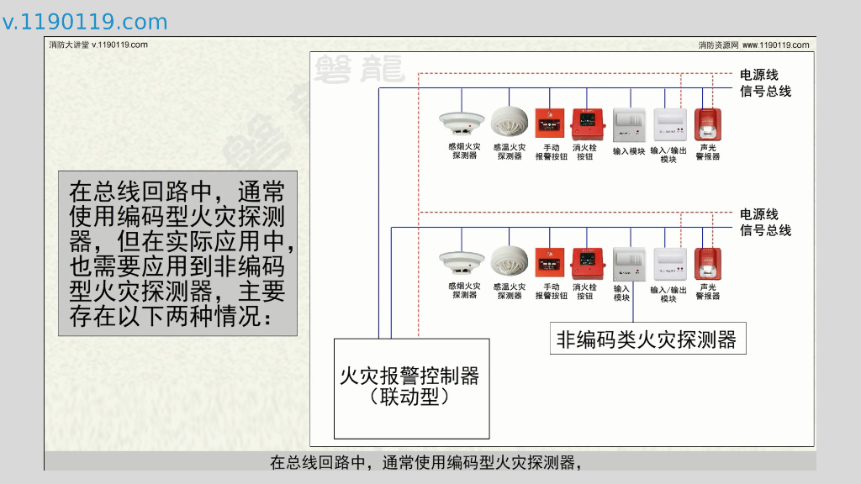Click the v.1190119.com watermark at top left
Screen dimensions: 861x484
[85, 22]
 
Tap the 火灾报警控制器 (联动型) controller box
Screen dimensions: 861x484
[411, 387]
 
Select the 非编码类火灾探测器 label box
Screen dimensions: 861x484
[647, 339]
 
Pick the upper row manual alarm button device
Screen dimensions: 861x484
[551, 124]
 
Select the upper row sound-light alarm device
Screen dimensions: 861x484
[708, 124]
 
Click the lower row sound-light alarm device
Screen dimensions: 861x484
[708, 264]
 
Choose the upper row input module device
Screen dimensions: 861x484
[627, 124]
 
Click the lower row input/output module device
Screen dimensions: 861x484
[669, 264]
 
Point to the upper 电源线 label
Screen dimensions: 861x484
[759, 75]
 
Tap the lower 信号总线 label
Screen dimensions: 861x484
[765, 230]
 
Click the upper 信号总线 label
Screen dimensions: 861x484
[765, 91]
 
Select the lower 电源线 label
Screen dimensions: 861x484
[759, 214]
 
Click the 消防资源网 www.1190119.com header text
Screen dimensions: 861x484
[753, 45]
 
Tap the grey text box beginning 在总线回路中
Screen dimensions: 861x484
[177, 254]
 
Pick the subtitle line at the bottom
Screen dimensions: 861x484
[425, 462]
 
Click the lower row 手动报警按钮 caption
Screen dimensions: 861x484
[551, 292]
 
